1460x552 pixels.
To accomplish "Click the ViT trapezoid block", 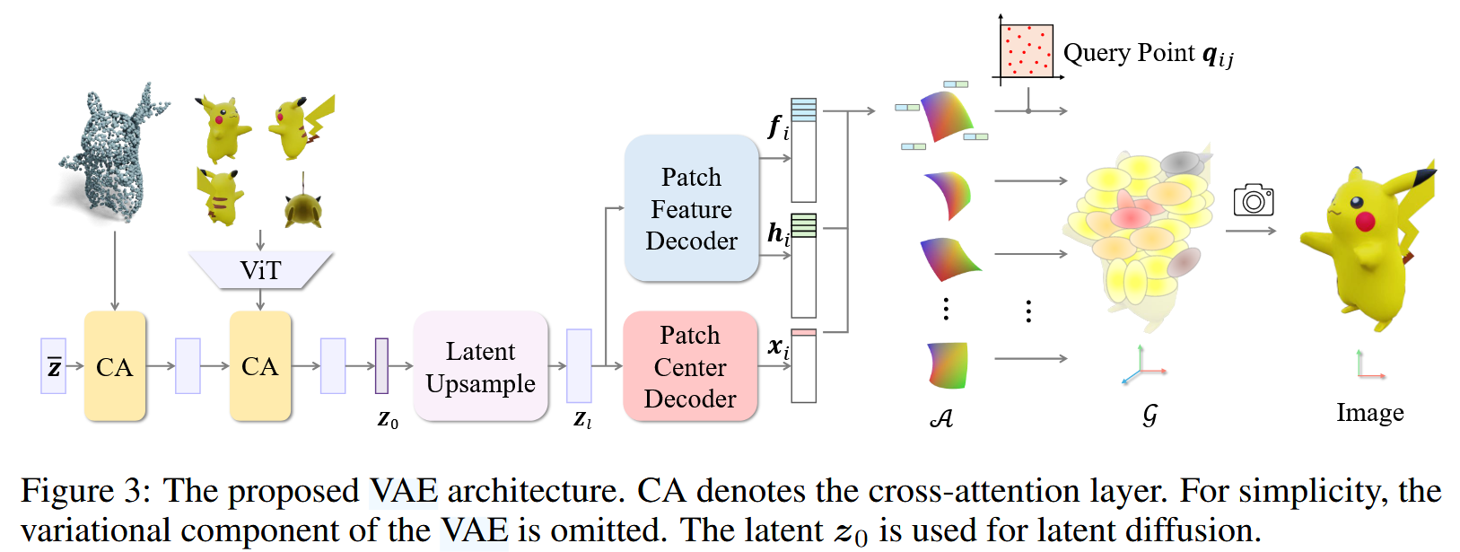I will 260,270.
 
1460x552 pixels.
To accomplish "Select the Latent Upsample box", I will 481,366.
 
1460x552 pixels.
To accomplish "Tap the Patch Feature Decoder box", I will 691,208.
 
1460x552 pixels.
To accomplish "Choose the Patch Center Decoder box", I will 690,366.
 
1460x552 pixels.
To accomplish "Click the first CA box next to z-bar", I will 115,366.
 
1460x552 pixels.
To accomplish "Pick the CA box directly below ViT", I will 260,366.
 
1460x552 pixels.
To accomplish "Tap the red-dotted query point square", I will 1027,51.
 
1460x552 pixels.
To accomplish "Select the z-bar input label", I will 54,366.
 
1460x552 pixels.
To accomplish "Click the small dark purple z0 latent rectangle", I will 381,366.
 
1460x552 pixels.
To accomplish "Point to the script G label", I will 1150,415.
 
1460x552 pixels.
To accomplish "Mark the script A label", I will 941,418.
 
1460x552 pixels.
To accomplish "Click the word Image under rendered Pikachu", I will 1369,413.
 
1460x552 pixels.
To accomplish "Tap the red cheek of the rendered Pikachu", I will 1364,221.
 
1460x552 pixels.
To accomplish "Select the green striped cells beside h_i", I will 804,225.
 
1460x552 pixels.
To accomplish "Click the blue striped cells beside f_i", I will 804,110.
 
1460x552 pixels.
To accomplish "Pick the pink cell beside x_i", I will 804,333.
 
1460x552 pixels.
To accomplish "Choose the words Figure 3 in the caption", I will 85,491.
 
